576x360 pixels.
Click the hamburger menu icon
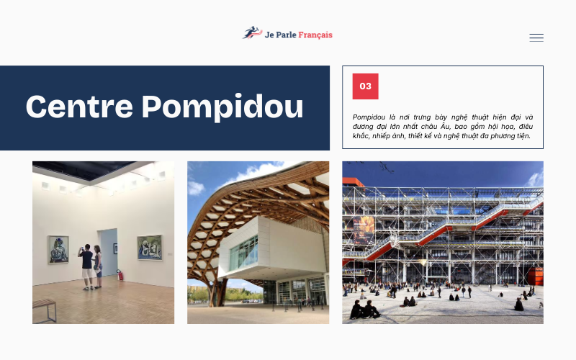[536, 37]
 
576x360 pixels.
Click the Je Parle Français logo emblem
[252, 33]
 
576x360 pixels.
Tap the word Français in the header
[312, 35]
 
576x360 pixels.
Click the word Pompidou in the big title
[222, 107]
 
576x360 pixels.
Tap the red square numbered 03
[365, 86]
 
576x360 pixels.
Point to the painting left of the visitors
[59, 249]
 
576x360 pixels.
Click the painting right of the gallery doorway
[149, 247]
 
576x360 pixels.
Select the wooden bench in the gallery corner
[44, 308]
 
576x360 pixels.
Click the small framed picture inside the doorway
[114, 248]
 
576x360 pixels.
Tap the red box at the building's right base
[535, 276]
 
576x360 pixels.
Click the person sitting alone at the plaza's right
[518, 305]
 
